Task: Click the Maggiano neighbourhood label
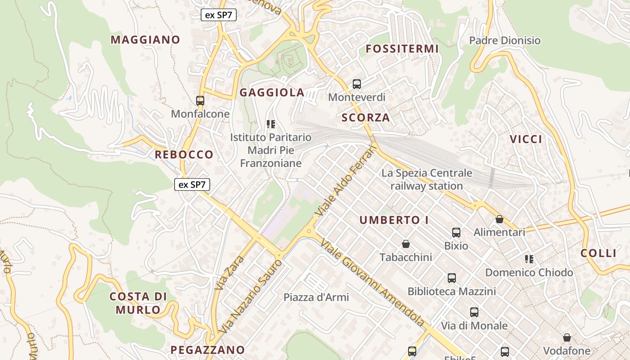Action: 145,40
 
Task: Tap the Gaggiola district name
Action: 272,93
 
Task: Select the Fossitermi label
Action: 402,49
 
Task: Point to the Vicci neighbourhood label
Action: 526,139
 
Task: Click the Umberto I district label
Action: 394,220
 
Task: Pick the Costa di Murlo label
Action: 138,303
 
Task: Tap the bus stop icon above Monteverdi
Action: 357,84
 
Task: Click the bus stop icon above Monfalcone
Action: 200,101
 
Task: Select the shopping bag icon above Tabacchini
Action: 406,244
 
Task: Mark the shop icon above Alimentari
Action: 499,219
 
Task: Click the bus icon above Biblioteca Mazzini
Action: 452,278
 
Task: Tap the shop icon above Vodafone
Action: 567,337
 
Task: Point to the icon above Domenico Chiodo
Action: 529,259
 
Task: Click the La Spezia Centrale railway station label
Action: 427,179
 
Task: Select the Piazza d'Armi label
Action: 316,297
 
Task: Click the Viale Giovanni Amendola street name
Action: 372,282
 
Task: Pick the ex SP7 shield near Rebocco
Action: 192,184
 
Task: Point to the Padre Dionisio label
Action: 504,40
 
